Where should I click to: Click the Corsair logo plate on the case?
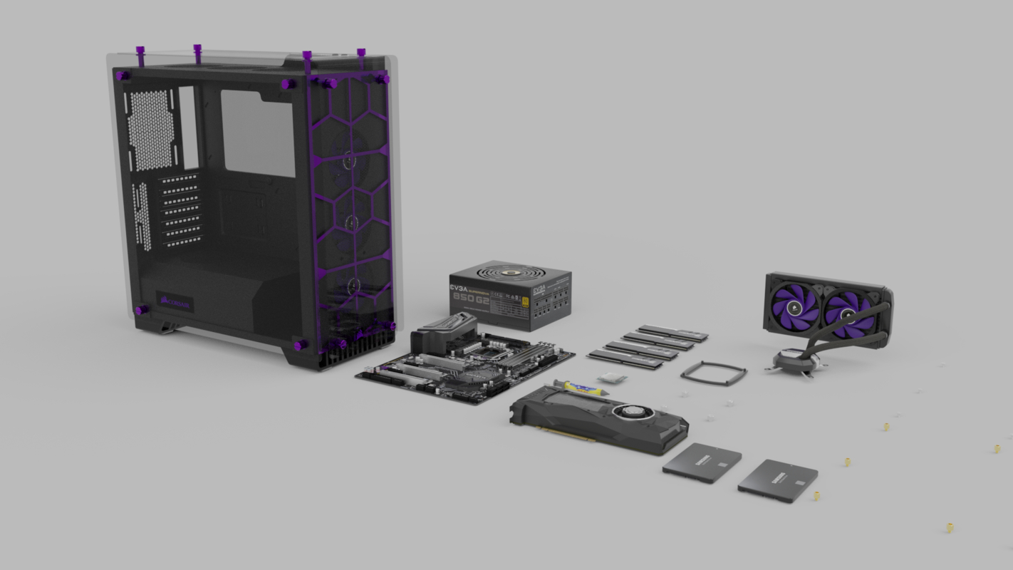coord(175,302)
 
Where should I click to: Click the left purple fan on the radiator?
coord(794,304)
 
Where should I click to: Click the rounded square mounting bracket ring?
coord(713,373)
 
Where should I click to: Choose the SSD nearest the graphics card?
coord(701,462)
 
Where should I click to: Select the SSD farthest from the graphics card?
coord(777,480)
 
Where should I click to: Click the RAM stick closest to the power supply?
coord(673,332)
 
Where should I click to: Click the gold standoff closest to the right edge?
coord(997,448)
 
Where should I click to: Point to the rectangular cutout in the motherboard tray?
coord(257,133)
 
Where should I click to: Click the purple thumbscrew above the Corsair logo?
coord(142,311)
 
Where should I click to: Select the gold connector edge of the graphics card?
coord(566,434)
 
